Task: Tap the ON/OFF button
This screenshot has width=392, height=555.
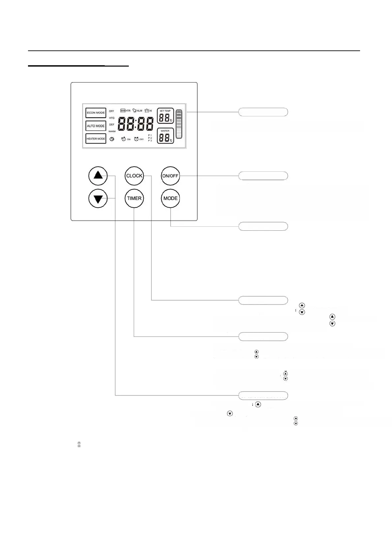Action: [x=170, y=176]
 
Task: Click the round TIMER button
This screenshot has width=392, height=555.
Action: [x=134, y=198]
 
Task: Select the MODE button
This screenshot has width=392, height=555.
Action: [x=170, y=198]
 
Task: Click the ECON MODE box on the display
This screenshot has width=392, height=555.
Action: [x=96, y=113]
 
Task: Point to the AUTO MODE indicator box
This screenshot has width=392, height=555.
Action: [x=96, y=126]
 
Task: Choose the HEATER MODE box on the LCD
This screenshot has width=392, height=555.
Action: [x=96, y=139]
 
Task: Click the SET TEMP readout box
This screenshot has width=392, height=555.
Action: [x=165, y=116]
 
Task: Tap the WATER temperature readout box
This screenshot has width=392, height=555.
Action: [x=165, y=136]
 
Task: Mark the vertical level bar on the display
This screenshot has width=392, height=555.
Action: [x=179, y=124]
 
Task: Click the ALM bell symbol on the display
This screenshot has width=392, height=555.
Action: [x=135, y=111]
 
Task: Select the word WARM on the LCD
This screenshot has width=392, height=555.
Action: [x=112, y=131]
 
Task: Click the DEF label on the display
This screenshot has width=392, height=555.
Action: [x=112, y=125]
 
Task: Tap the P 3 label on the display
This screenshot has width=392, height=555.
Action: [x=150, y=141]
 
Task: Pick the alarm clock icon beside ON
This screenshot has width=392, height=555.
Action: [x=124, y=139]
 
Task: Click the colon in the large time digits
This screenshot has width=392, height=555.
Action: [x=136, y=125]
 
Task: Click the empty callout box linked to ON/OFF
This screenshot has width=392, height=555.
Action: [x=263, y=176]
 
